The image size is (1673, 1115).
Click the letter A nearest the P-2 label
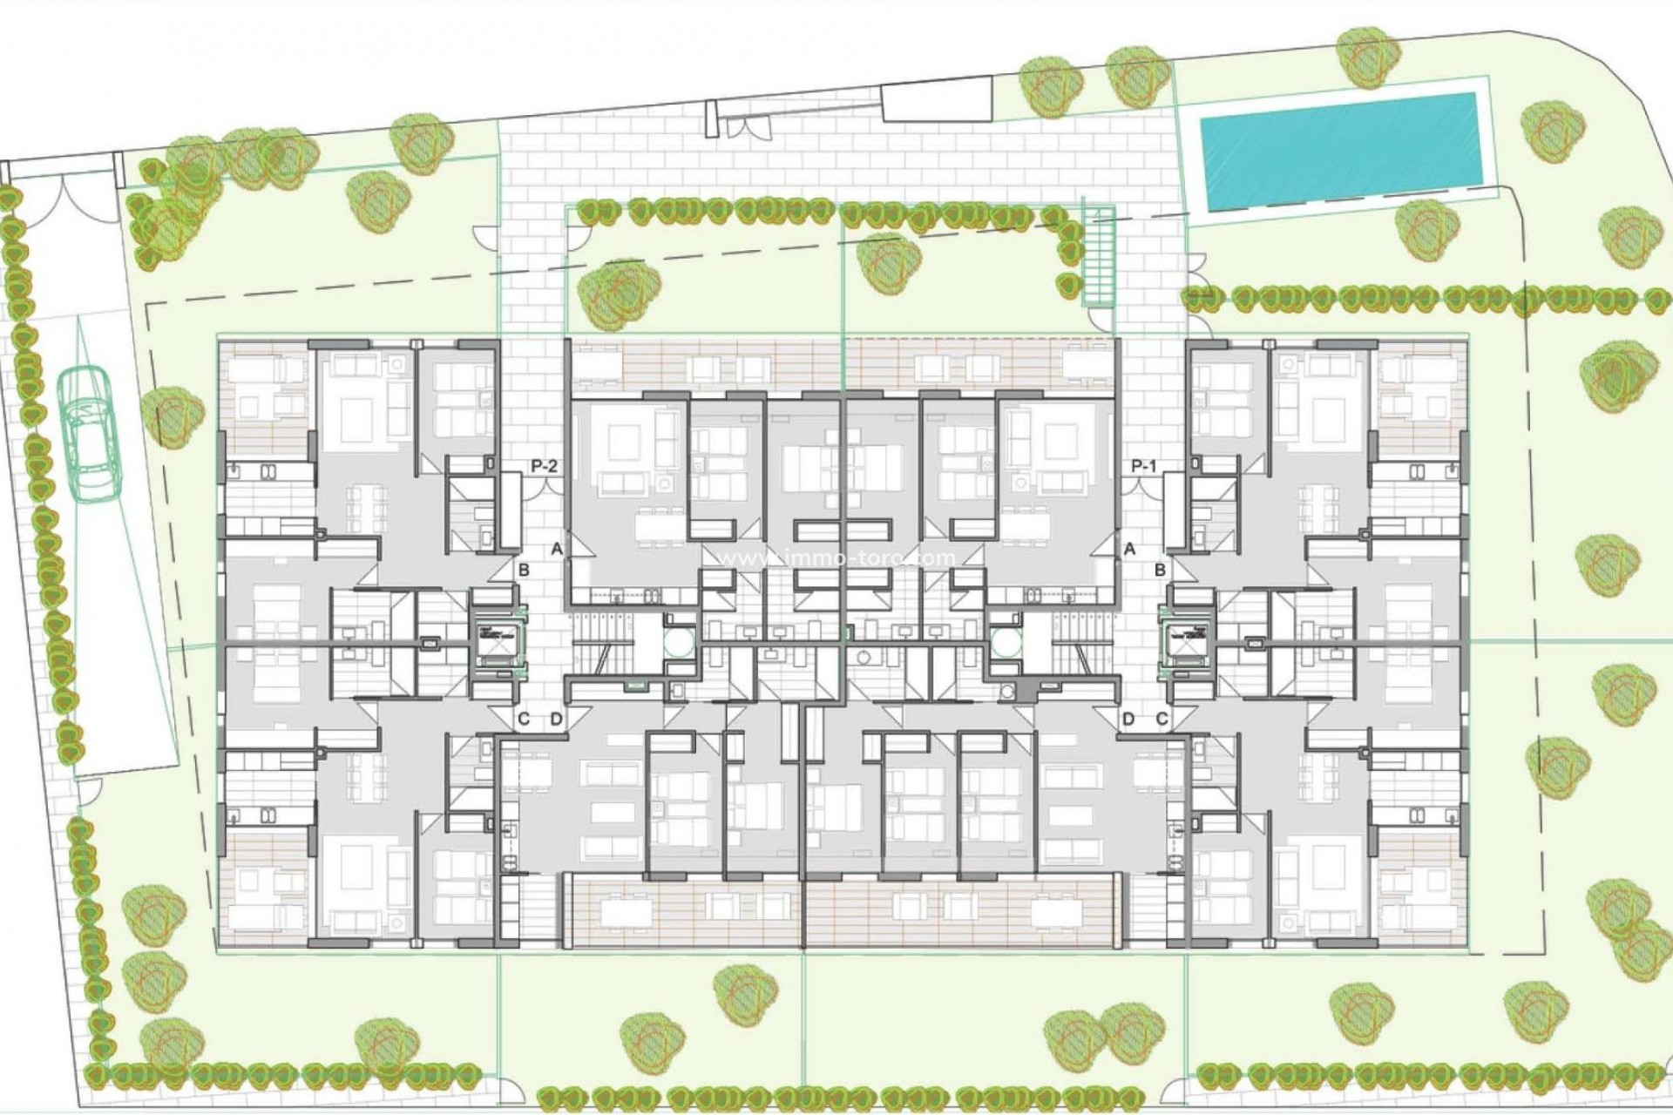point(557,549)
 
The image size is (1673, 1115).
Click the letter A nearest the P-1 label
point(1130,549)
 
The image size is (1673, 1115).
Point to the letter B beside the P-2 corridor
point(524,571)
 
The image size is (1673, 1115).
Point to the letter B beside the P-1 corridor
point(1160,571)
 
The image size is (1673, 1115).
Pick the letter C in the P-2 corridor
point(524,720)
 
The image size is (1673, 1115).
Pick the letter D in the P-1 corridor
point(1128,720)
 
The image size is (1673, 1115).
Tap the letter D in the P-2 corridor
point(557,720)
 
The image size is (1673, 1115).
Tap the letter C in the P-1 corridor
point(1162,720)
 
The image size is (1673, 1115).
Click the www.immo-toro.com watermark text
point(836,557)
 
